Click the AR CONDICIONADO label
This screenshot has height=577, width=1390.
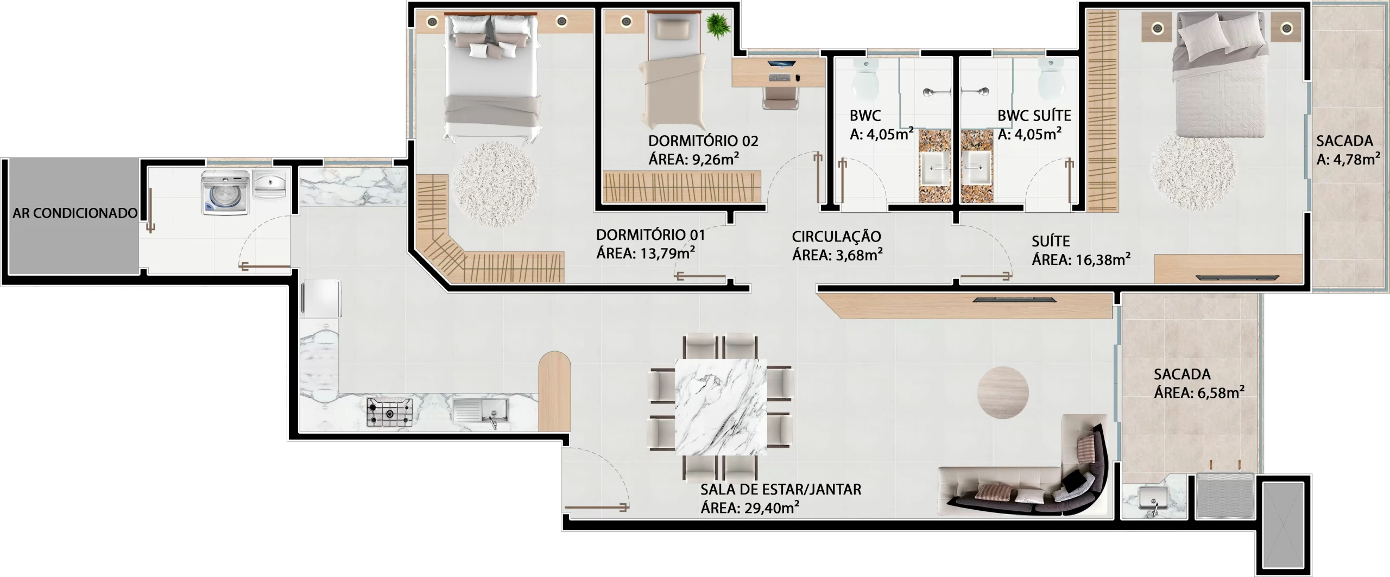point(75,213)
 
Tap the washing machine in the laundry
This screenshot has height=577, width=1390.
point(225,192)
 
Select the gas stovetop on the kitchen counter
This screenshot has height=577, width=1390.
point(389,413)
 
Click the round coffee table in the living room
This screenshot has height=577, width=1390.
point(1003,393)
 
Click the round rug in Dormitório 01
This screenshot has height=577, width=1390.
point(495,185)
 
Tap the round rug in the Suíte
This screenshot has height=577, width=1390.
point(1193,172)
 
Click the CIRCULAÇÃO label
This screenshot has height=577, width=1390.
point(836,237)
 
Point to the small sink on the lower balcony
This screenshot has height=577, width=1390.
point(1154,497)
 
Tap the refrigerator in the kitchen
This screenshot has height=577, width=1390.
point(321,298)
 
